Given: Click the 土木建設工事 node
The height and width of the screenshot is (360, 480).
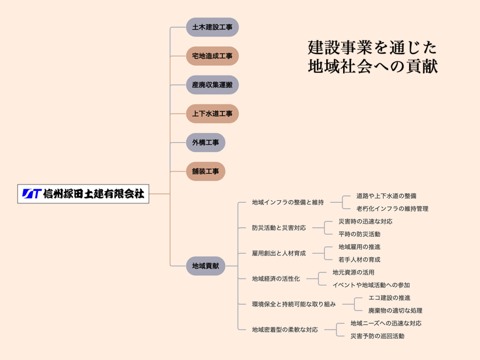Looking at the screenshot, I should coord(212,27).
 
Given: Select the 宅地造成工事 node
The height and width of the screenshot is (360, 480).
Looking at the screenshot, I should coord(212,56).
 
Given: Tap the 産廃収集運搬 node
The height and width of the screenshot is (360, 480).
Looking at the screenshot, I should coord(212,85).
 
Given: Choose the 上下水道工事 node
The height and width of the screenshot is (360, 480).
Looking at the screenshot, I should coord(212,113).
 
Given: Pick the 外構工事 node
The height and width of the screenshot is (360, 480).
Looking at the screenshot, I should coord(205,142).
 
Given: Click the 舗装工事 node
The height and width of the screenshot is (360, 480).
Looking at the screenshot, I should coord(205,171).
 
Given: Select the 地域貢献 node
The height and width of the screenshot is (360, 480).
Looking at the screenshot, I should coord(205,266).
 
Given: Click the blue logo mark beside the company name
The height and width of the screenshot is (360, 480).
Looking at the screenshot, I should coord(31,194).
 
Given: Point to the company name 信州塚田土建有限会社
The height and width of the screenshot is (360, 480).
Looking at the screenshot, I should coord(93,194).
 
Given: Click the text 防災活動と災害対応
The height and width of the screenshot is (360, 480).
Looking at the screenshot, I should coord(279,228).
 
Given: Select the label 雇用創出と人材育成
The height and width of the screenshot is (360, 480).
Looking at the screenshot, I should coord(279,253).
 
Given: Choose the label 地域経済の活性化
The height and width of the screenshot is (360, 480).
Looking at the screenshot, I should coord(276,278).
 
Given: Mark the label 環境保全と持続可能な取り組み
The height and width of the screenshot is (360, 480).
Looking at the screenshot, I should coord(294,304).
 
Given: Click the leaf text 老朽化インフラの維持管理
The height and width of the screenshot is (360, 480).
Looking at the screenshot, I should coord(392,209).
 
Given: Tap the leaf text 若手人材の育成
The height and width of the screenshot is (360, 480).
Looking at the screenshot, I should coord(360,259).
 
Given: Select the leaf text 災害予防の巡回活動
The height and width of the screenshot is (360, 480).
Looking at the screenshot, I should coord(377,336).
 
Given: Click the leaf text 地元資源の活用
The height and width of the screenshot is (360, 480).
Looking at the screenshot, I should coord(353,272).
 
